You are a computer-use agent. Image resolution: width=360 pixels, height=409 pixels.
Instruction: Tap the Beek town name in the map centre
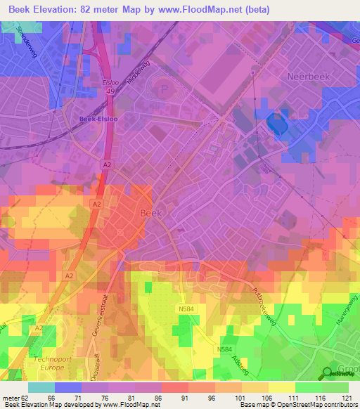(152, 212)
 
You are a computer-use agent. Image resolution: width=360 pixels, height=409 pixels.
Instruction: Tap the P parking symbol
(165, 89)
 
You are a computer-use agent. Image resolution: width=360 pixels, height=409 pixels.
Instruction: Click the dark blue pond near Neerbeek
(278, 125)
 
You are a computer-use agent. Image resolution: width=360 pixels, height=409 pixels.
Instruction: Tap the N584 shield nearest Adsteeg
(225, 349)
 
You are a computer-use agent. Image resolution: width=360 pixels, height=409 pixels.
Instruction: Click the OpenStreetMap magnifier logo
(328, 374)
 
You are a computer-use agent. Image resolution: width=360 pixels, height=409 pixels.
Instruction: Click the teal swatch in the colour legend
(41, 387)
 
